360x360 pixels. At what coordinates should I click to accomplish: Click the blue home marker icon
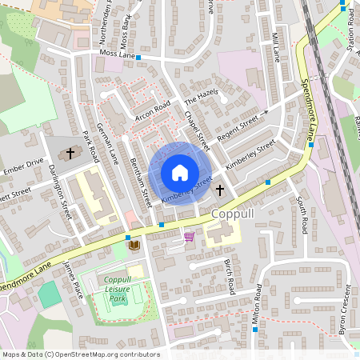tap(179, 173)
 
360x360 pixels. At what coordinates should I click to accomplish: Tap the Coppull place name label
tap(234, 215)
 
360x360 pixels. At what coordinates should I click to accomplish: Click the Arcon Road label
tap(154, 108)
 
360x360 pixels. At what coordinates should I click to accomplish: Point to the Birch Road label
tap(230, 275)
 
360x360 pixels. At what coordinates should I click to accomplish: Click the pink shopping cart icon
tap(189, 237)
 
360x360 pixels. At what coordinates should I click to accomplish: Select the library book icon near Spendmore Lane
tap(134, 244)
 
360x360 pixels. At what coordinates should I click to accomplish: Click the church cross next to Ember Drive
tap(70, 152)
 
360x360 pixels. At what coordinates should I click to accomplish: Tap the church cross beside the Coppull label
tap(220, 191)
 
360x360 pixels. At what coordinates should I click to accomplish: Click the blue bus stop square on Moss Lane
tap(138, 58)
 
